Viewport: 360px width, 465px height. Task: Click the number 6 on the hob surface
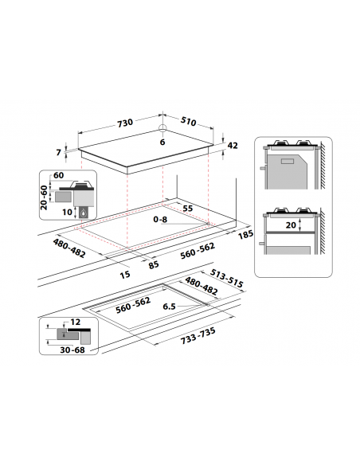[162, 142]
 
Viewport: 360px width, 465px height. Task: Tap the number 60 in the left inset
[58, 176]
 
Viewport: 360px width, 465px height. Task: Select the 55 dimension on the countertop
[188, 208]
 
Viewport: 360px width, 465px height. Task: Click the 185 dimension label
[245, 236]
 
